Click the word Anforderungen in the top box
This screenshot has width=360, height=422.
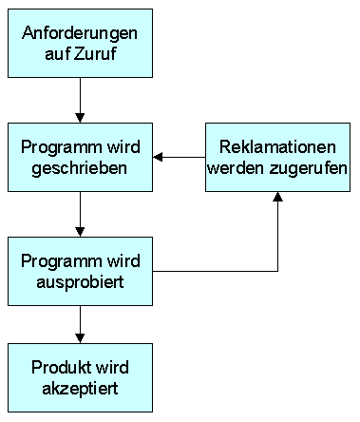pos(80,33)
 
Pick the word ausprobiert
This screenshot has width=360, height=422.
pos(80,282)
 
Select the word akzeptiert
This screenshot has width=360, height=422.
pos(80,387)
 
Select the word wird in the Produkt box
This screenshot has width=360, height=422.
pos(113,368)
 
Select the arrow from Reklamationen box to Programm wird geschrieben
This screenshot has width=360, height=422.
pos(180,157)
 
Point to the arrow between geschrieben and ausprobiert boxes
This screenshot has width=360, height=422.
pos(80,214)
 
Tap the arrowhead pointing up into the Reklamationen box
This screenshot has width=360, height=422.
pos(277,197)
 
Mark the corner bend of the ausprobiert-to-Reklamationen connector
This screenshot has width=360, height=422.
pos(277,273)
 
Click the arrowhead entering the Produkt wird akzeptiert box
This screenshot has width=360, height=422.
pos(80,338)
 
